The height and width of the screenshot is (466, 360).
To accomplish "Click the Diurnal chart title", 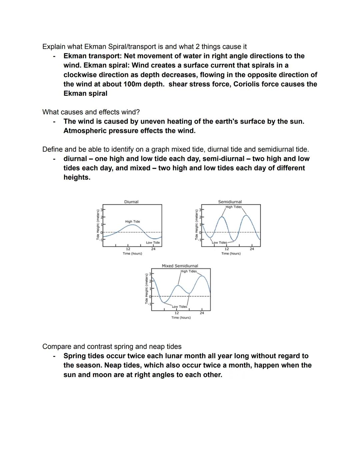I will [x=131, y=202].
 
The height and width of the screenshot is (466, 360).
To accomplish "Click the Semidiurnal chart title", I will [x=230, y=202].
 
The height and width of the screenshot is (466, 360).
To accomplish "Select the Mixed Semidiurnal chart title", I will [x=180, y=266].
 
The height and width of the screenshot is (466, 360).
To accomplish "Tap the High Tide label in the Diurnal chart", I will [x=132, y=221].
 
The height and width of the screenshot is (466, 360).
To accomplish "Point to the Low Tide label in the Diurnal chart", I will [x=153, y=243].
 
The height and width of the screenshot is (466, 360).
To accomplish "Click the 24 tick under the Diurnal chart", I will [x=153, y=249].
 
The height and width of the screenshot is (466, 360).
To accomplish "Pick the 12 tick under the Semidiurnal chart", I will [x=227, y=249].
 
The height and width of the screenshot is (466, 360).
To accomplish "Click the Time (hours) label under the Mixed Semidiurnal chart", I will [x=181, y=318].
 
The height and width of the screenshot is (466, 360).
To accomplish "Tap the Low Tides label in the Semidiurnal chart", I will [x=219, y=243].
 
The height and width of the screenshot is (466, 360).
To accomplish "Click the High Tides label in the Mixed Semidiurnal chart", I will [x=189, y=271].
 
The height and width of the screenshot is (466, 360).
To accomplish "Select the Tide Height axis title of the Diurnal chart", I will [x=98, y=224].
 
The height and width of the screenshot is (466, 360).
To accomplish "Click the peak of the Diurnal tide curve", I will [x=133, y=225].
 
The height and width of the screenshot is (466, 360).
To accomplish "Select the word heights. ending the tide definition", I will [x=77, y=177].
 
